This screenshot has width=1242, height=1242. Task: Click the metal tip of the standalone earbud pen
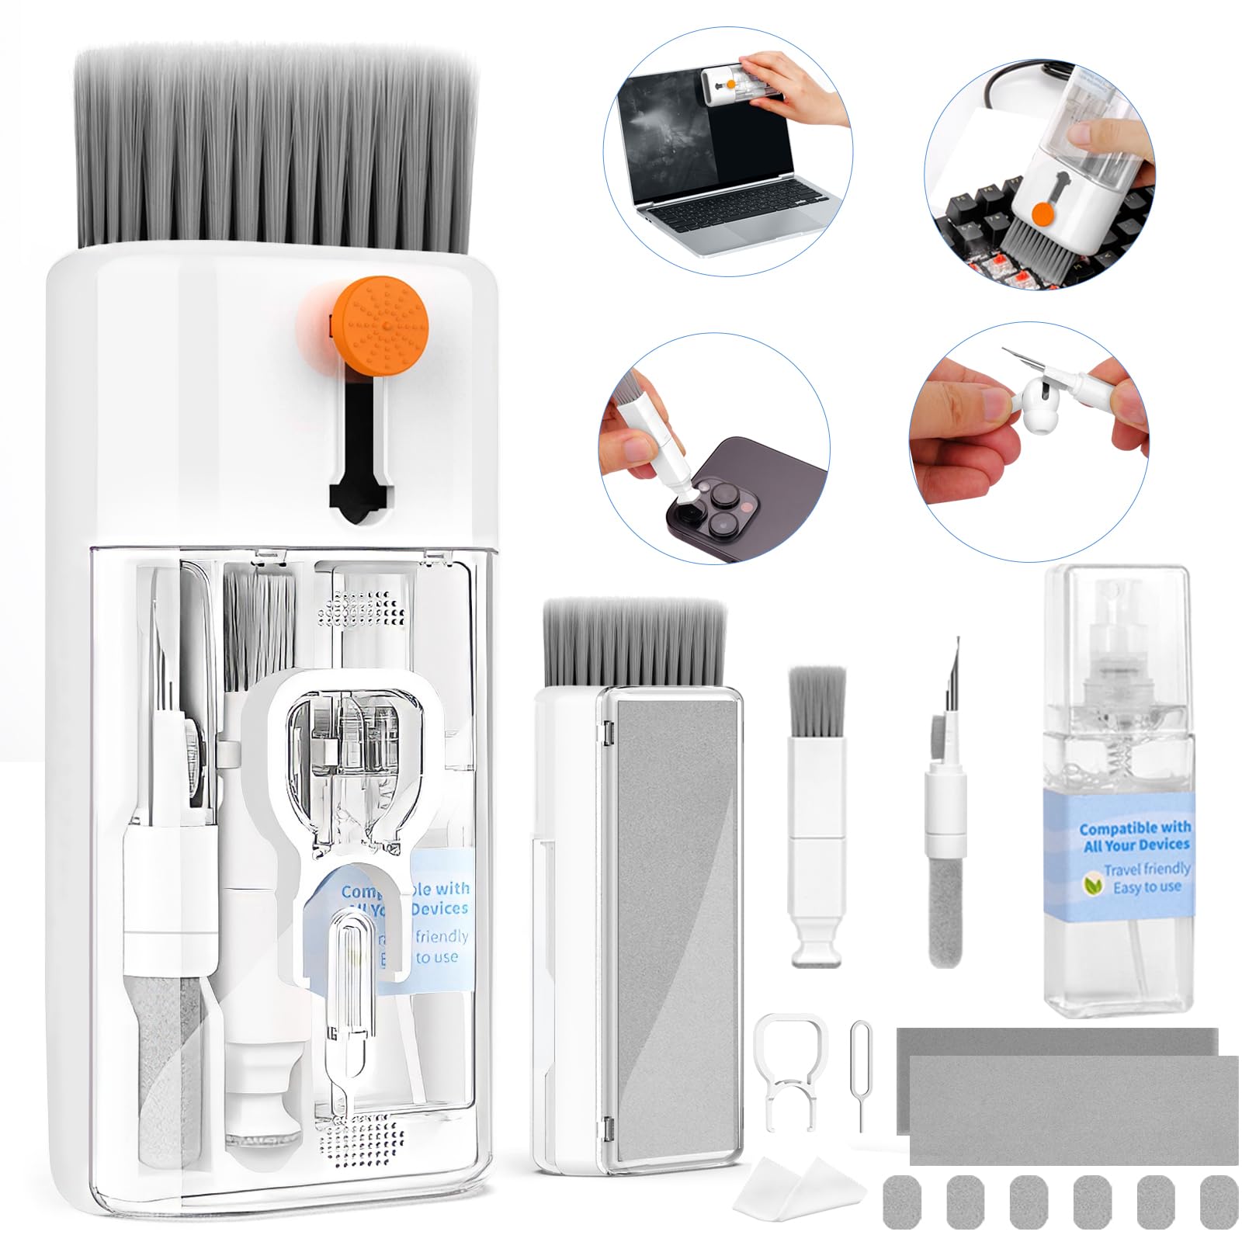(x=952, y=668)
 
